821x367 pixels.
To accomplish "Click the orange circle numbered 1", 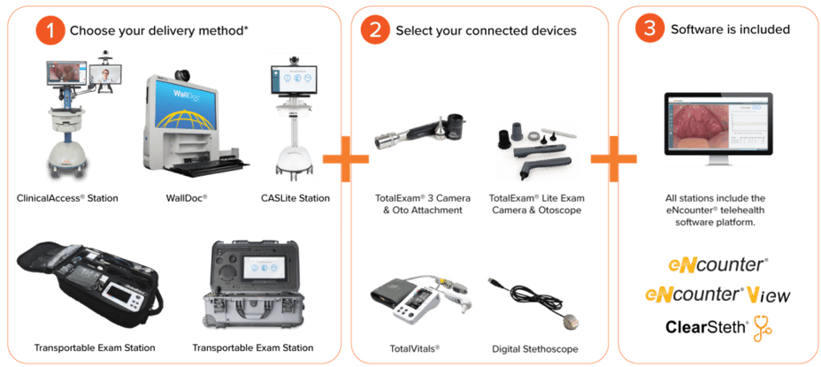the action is (50, 30).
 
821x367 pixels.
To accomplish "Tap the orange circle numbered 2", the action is (375, 30).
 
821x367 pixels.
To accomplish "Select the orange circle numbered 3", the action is (649, 29).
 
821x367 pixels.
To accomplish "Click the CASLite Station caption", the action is (295, 198).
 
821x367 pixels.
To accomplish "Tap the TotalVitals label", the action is (414, 348).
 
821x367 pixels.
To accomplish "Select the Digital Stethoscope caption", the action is (535, 348).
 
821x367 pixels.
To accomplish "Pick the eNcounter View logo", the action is (717, 294).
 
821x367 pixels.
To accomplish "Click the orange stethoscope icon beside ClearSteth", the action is (763, 329).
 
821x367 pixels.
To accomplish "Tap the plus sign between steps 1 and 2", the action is (344, 158).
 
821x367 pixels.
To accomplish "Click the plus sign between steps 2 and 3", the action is (614, 158).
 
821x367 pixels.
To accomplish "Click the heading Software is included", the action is (731, 30).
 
